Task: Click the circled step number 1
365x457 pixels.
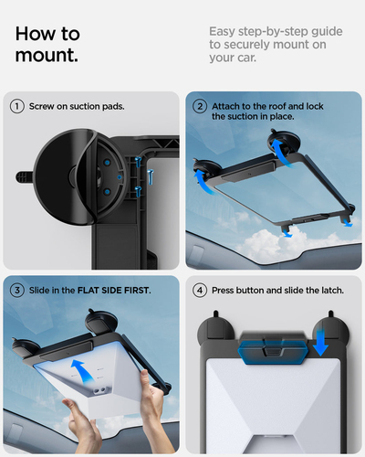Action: pos(16,106)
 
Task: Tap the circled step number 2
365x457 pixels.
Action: pos(199,106)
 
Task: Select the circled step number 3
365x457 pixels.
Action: pos(16,290)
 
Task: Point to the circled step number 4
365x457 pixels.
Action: pos(199,290)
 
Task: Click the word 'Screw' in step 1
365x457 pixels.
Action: pos(46,106)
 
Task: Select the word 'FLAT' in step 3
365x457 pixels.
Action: pos(93,290)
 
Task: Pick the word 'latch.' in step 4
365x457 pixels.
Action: pos(328,290)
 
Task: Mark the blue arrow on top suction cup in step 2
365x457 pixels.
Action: pos(278,139)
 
